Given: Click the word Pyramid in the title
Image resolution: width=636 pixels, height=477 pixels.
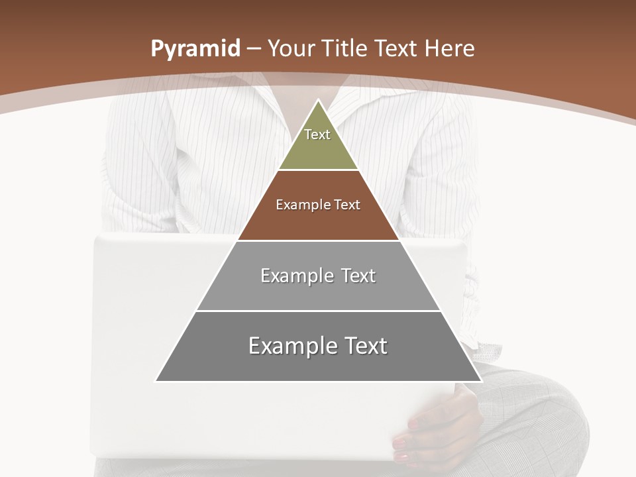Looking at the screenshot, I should [195, 49].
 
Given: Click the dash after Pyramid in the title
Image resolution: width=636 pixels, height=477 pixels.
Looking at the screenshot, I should [254, 49].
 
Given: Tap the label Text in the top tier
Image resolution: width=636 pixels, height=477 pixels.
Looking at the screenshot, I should [317, 134].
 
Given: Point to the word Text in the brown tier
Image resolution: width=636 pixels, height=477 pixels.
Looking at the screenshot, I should [347, 205].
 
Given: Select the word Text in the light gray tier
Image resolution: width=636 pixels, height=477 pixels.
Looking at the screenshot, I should [358, 276].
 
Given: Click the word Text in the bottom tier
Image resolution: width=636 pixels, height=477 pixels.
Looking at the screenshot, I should [365, 346].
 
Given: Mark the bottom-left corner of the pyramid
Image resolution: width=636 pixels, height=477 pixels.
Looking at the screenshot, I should [156, 381].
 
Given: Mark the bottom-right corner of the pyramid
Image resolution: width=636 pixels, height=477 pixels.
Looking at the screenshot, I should [482, 381].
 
